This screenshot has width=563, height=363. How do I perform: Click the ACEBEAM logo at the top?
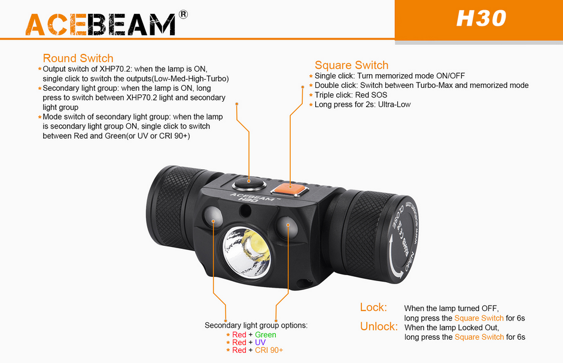tap(101, 25)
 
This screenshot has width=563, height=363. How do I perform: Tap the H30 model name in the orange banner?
tap(481, 19)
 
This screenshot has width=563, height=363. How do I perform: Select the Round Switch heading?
tap(78, 58)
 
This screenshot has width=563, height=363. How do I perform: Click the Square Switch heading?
tap(352, 65)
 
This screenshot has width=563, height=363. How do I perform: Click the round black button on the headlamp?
tap(249, 184)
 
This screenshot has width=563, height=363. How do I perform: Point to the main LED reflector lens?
tap(247, 251)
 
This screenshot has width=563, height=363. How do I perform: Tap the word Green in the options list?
tap(265, 335)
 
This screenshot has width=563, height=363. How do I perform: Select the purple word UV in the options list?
tap(260, 343)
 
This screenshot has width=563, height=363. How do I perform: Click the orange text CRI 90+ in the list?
tap(269, 350)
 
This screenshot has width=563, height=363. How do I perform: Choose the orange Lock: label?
tap(373, 307)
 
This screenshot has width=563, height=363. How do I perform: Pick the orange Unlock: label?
tap(379, 327)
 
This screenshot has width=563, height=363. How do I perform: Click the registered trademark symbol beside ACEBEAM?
tap(183, 14)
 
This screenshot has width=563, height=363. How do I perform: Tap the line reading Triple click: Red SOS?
tap(351, 95)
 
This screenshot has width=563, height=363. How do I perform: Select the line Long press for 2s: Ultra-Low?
tap(363, 105)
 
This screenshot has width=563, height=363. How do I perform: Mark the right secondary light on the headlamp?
tap(287, 226)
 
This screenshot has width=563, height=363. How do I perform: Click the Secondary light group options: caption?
tap(256, 325)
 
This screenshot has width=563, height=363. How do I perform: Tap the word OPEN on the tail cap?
tap(410, 261)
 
